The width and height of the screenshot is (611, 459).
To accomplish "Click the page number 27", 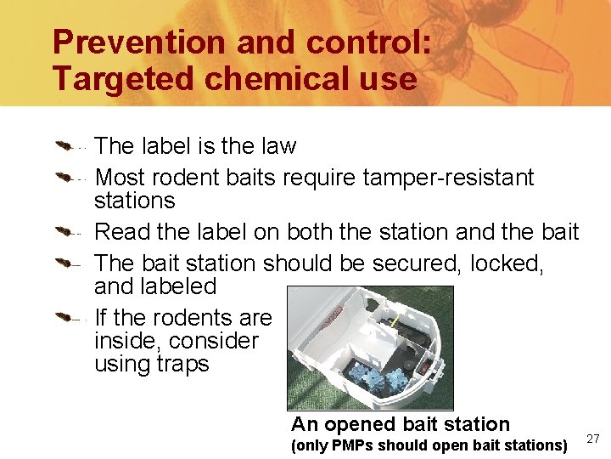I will point(593,439).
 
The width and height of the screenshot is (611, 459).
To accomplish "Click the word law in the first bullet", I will point(277,146).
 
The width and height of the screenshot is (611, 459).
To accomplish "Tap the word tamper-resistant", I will point(448,178).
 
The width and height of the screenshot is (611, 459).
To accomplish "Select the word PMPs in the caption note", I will point(353,445).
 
